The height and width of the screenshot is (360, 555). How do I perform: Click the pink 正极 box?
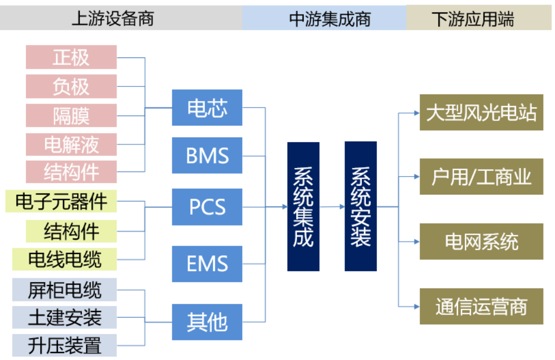[x=71, y=57]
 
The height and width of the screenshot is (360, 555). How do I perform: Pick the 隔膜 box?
[x=71, y=115]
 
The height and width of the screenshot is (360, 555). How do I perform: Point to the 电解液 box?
[x=71, y=144]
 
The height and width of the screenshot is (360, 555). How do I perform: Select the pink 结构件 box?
[x=71, y=172]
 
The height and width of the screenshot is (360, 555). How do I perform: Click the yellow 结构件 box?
[x=71, y=231]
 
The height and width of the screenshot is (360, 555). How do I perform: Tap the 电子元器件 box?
[x=61, y=201]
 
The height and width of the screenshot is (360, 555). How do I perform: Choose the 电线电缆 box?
[x=64, y=259]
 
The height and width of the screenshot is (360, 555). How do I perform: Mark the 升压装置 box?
[x=64, y=345]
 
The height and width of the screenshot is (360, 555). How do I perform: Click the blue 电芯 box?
[x=207, y=107]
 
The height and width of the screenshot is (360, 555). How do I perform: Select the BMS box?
[x=207, y=155]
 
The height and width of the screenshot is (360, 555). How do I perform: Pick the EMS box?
[x=207, y=263]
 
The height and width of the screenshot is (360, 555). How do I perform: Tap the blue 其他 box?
[x=207, y=322]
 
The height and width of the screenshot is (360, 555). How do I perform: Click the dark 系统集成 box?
[x=303, y=206]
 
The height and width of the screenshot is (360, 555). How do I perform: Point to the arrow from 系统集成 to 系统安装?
[x=332, y=206]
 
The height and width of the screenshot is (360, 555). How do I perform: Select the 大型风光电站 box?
[x=481, y=112]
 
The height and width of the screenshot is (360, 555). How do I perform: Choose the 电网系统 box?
[x=481, y=241]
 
